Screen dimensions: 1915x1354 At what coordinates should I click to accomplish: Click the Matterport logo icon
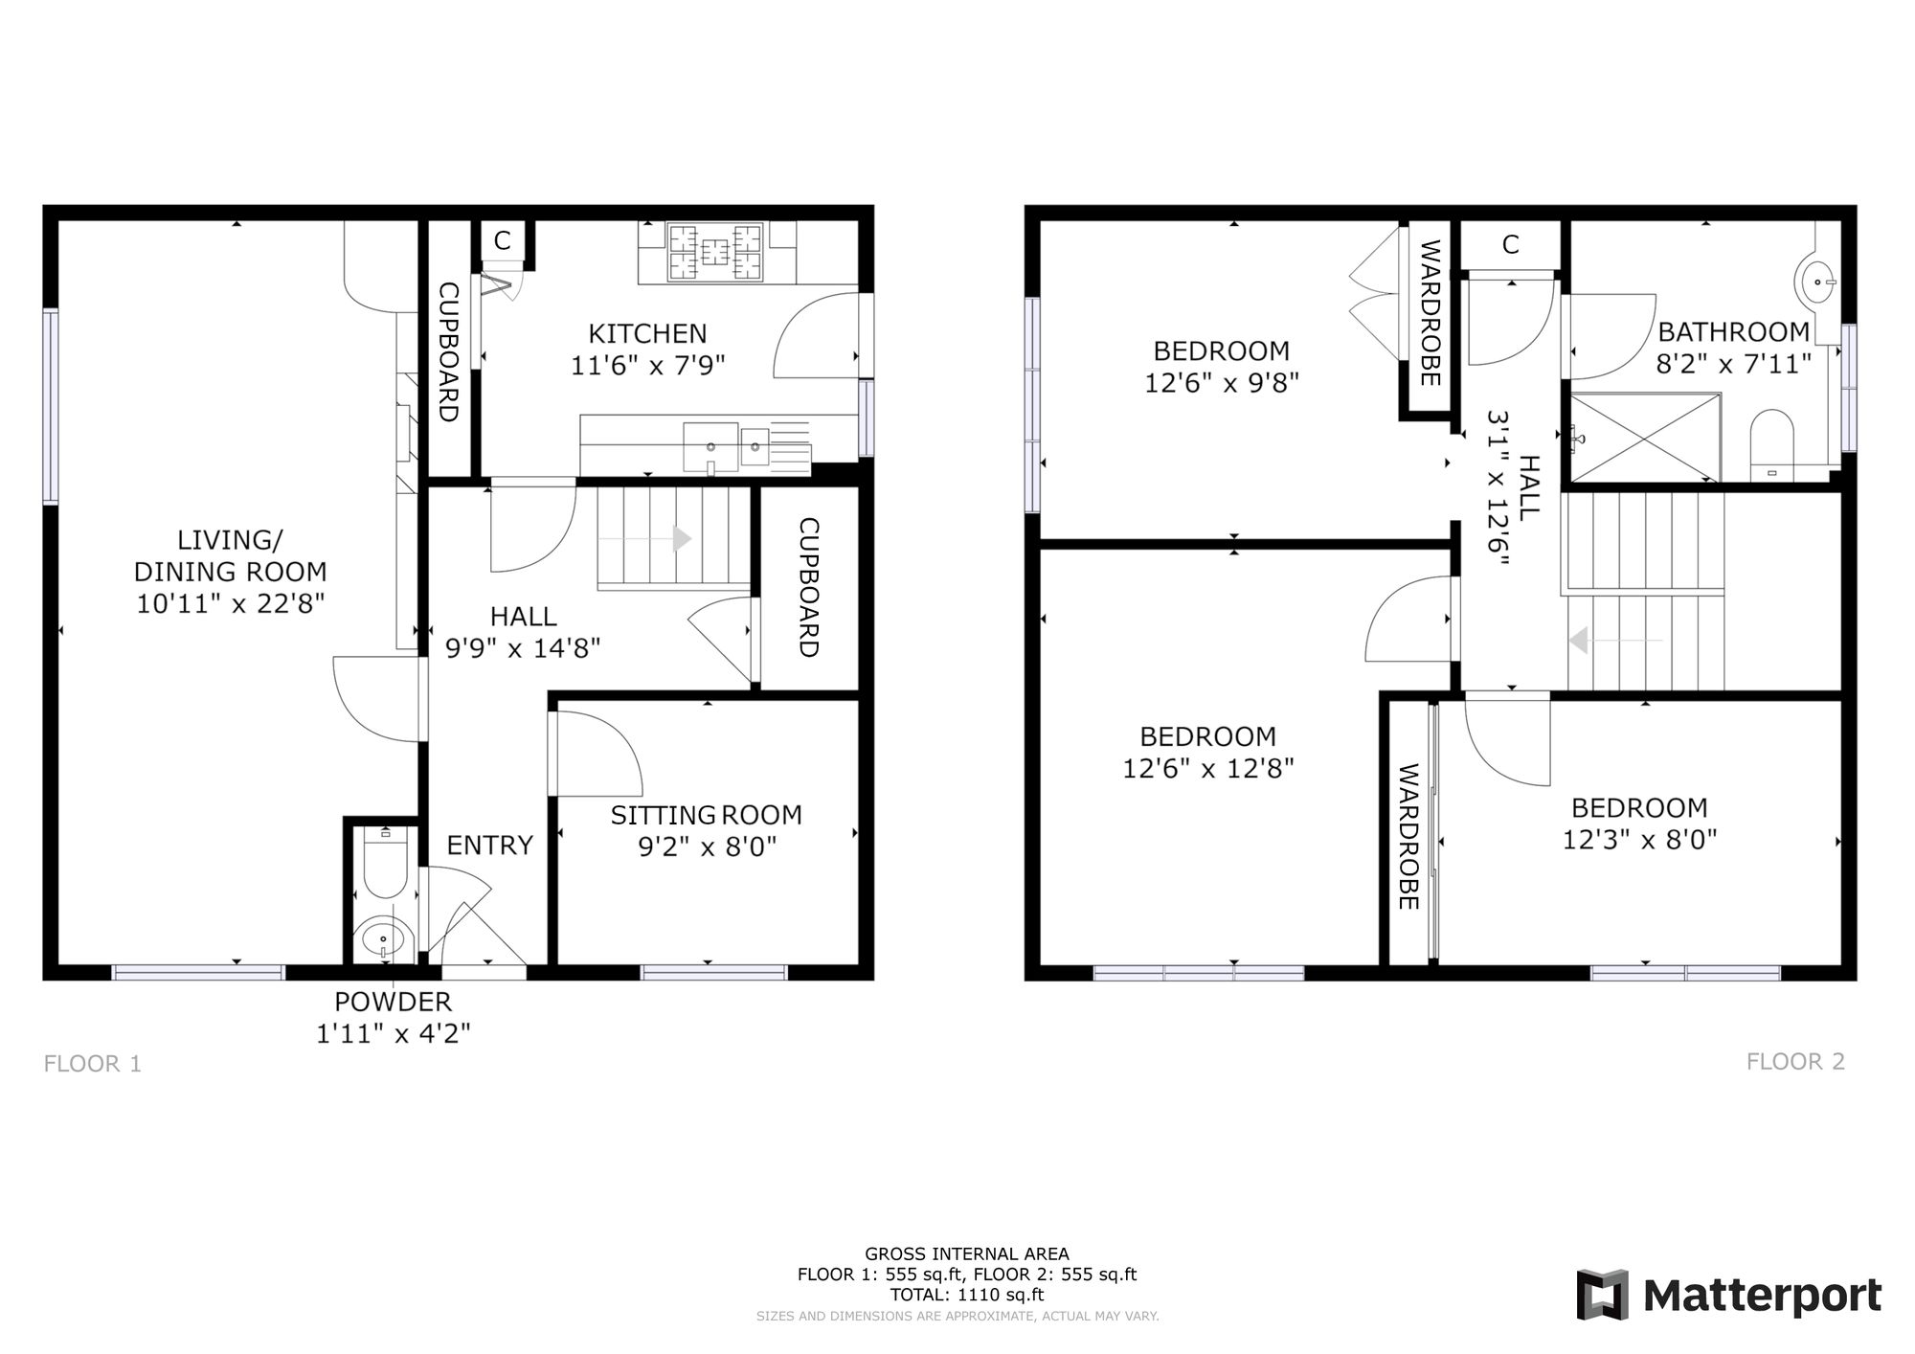pos(1603,1295)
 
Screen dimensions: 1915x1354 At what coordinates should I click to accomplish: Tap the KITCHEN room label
pos(647,333)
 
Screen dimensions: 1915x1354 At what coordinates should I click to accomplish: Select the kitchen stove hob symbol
pos(715,252)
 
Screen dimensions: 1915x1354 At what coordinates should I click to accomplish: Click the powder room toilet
pos(385,863)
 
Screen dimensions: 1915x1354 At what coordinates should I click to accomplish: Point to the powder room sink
pos(384,937)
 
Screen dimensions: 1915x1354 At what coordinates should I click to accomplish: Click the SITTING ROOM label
pos(707,815)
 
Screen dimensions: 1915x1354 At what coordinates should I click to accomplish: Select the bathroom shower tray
pos(1643,438)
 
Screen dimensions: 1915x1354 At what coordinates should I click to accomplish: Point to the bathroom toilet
pos(1771,445)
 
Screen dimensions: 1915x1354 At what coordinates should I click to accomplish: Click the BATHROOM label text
pos(1734,332)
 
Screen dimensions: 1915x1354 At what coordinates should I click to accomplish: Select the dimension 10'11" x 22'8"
pos(231,603)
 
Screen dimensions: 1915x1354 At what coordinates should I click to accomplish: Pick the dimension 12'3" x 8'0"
pos(1639,840)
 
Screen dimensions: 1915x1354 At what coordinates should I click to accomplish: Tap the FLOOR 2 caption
pos(1795,1061)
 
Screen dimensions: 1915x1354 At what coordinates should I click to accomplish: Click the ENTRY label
pos(490,845)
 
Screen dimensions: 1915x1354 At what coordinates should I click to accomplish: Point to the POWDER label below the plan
pos(393,1002)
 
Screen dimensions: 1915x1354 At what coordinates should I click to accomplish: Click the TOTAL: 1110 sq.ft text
pos(967,1295)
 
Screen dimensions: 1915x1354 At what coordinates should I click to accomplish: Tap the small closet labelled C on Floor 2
pos(1510,245)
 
